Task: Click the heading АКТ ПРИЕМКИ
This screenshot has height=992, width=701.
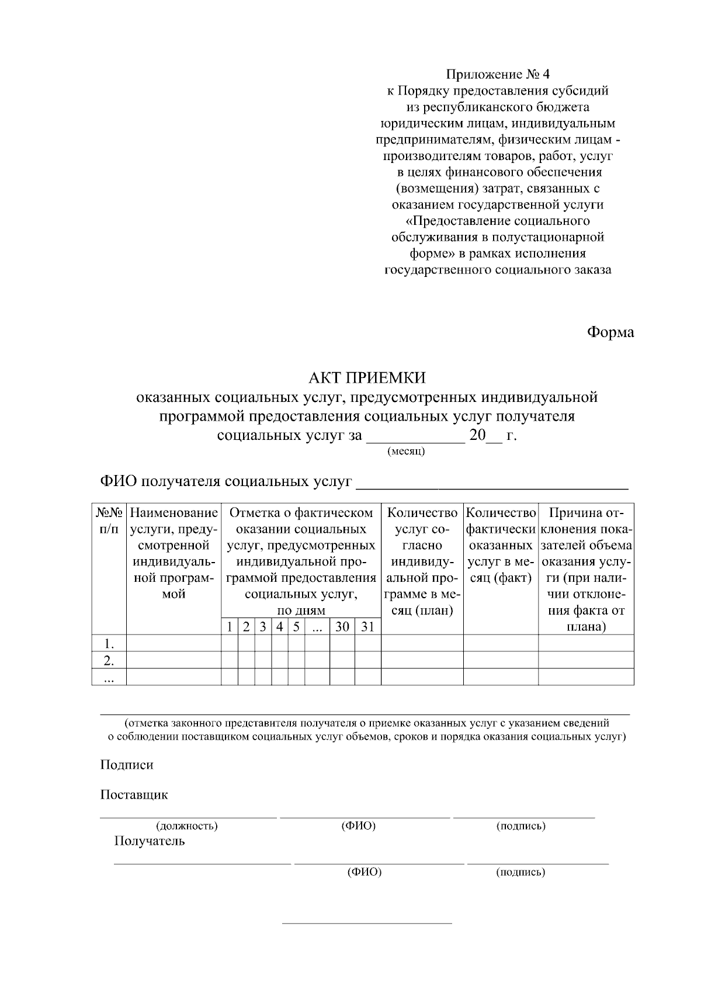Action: click(367, 377)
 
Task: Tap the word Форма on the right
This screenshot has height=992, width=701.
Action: click(610, 332)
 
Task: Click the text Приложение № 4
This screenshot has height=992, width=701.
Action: click(498, 74)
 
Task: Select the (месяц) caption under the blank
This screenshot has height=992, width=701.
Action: click(406, 452)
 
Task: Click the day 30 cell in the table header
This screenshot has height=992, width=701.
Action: click(342, 627)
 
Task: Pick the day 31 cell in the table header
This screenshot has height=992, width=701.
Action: click(367, 627)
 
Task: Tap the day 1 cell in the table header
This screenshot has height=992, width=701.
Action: click(230, 627)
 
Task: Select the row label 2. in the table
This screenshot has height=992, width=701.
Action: click(109, 661)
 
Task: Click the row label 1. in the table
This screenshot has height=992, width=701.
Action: click(109, 644)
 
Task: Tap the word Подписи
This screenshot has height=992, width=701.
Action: click(127, 765)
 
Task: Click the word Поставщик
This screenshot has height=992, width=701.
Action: click(134, 795)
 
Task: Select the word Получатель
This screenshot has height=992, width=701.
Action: click(150, 841)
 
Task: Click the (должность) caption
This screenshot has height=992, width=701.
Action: click(186, 826)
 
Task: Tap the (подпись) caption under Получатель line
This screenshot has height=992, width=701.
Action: click(520, 872)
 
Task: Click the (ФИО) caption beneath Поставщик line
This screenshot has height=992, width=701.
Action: click(358, 825)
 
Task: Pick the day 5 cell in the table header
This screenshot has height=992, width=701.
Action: click(296, 627)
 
